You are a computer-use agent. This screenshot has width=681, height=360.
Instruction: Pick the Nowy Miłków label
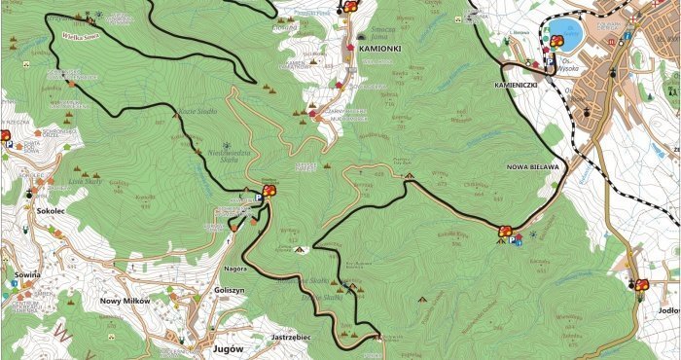pyautogui.click(x=125, y=302)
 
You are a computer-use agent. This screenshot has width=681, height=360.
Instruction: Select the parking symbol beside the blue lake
pyautogui.click(x=549, y=60)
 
